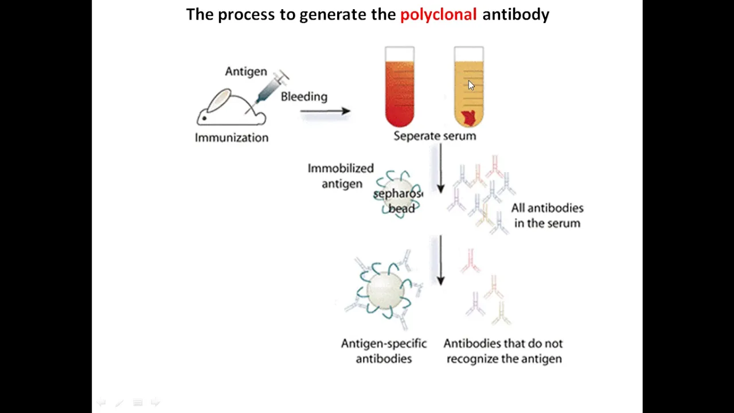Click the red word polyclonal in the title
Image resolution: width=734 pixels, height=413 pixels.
coord(438,14)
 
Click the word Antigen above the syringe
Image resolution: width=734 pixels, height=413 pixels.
coord(245,72)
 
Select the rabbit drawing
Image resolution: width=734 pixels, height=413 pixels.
coord(229,109)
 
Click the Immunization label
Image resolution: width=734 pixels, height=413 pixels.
coord(231,138)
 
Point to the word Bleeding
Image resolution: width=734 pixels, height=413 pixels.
coord(304,96)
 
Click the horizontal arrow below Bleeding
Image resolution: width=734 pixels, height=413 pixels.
coord(325,111)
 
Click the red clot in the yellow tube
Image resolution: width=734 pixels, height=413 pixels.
coord(468,118)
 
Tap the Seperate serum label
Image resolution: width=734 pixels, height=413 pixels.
coord(435,136)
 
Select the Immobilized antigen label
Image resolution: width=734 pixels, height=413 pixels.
coord(341,176)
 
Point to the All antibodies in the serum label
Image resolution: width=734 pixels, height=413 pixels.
coord(547,216)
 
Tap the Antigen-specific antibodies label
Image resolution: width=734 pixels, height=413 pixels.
coord(384,351)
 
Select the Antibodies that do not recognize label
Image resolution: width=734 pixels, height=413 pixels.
coord(503,351)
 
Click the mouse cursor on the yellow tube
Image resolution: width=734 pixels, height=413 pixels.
coord(471,85)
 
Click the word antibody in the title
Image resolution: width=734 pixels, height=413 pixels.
coord(516,14)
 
